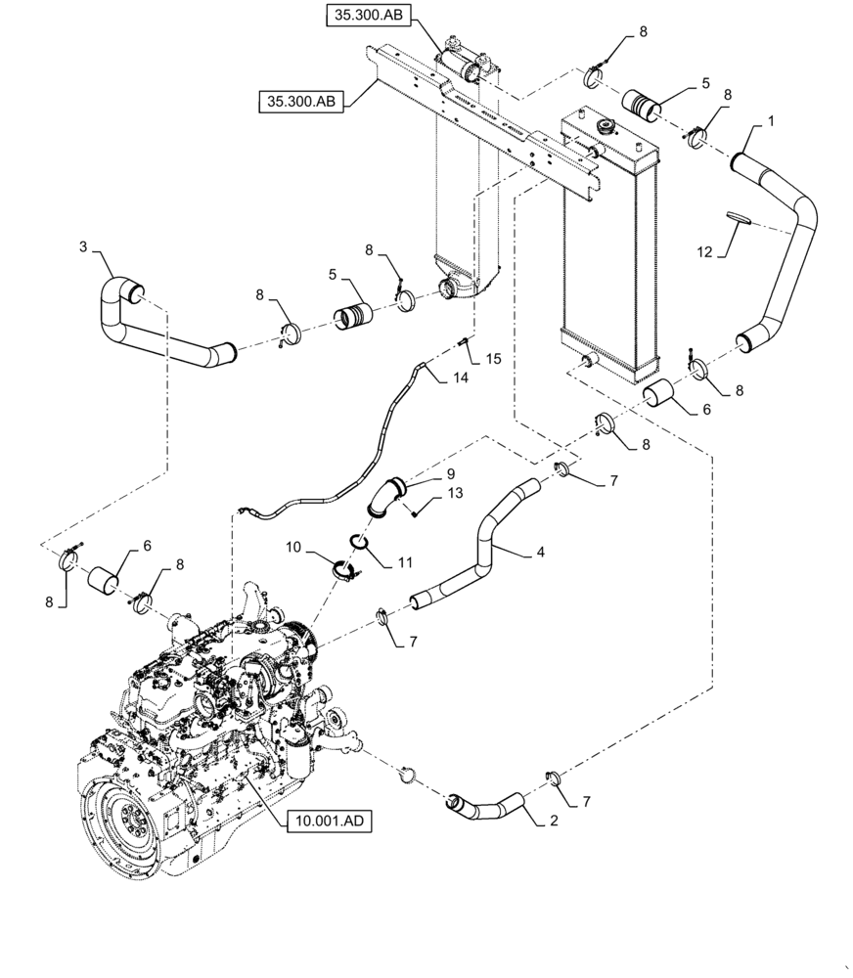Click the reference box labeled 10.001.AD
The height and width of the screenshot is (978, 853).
tap(330, 822)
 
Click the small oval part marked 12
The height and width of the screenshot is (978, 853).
tap(739, 217)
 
